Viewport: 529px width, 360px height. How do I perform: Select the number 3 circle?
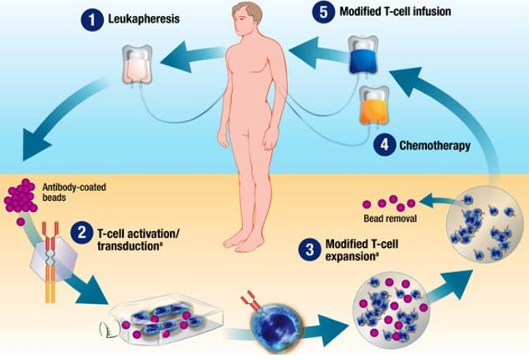pyautogui.click(x=310, y=249)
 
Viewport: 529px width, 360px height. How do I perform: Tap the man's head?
pyautogui.click(x=249, y=18)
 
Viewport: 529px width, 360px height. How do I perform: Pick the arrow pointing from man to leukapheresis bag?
pyautogui.click(x=188, y=57)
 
